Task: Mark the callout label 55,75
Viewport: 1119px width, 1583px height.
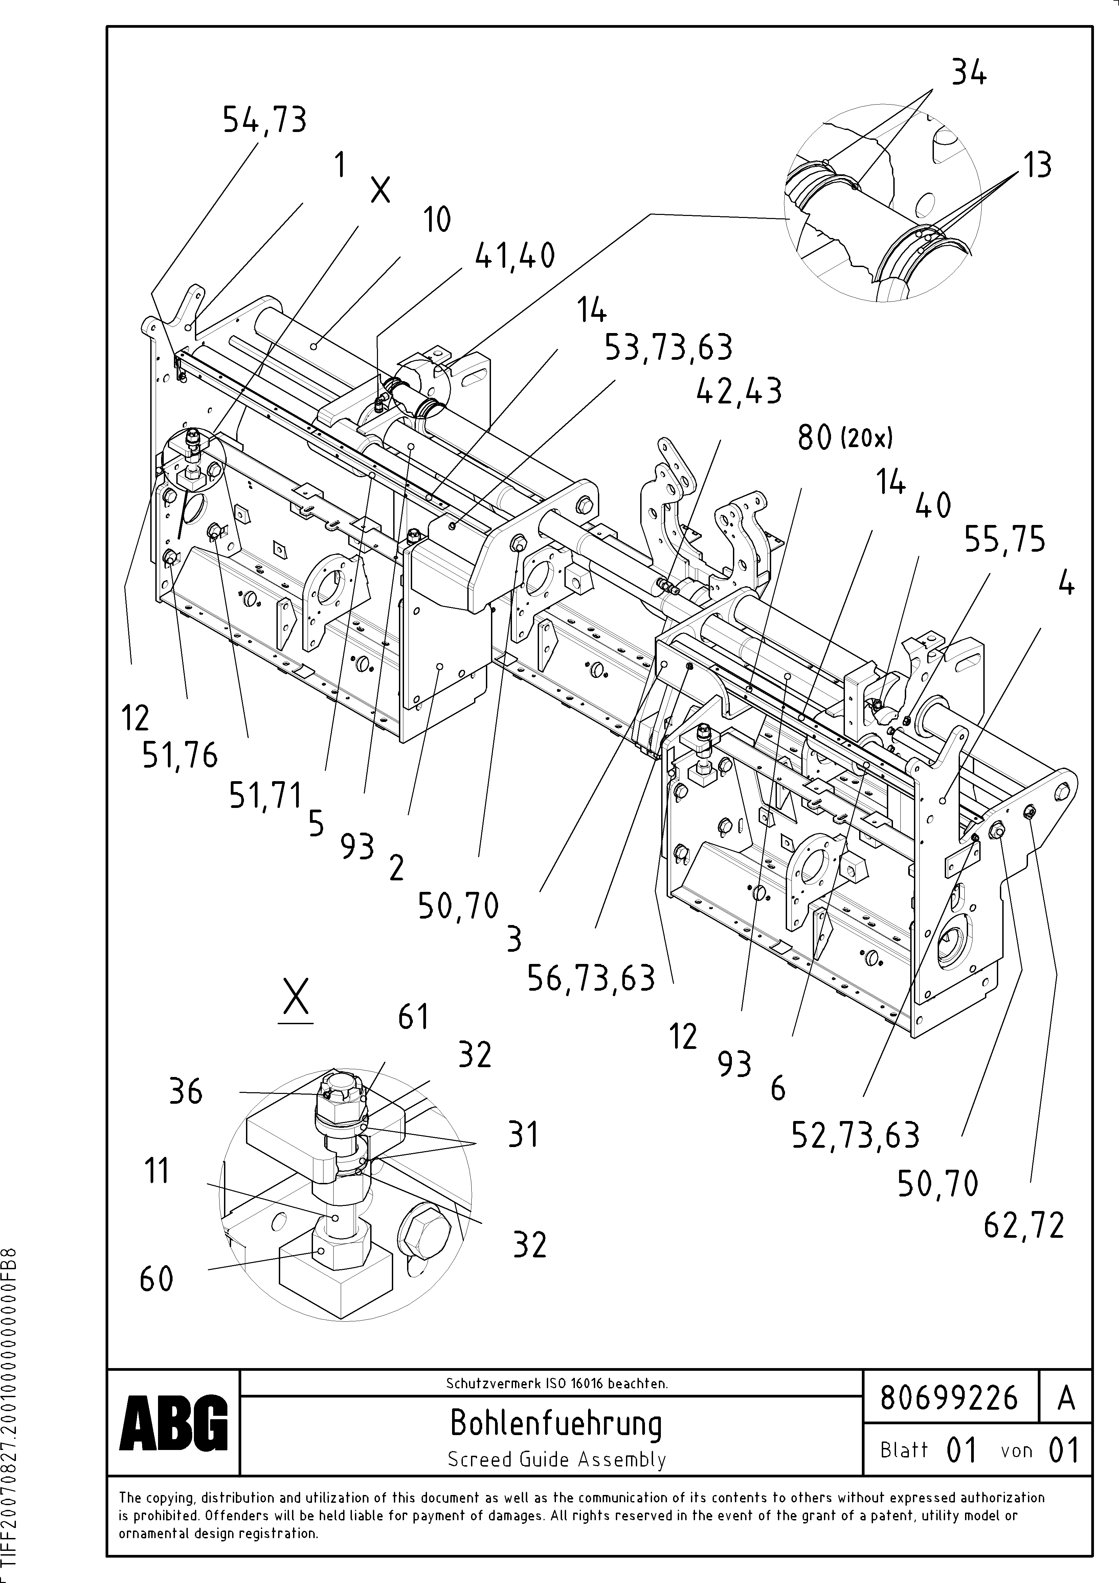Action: [1004, 540]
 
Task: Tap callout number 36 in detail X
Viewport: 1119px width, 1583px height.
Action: [186, 1092]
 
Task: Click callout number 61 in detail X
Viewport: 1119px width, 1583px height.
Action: [414, 1017]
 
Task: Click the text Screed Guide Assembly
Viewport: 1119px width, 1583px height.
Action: [556, 1459]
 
